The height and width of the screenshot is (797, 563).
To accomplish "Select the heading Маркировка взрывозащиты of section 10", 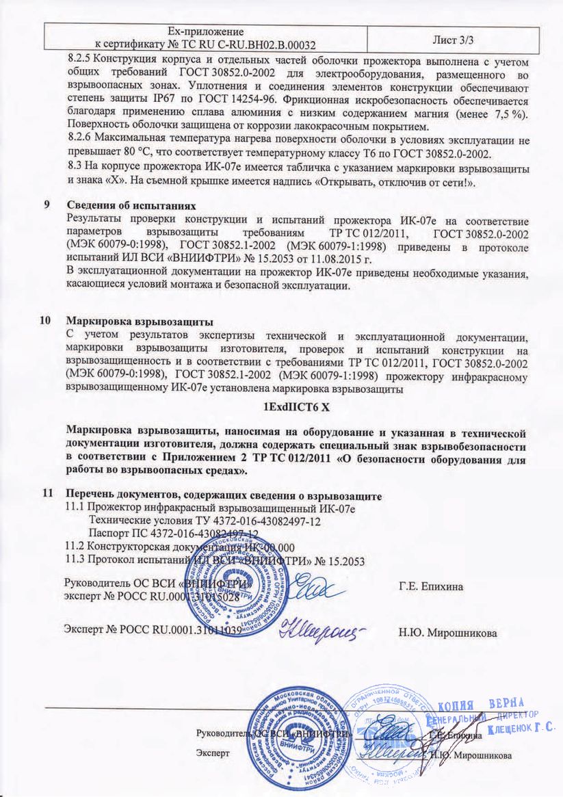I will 140,322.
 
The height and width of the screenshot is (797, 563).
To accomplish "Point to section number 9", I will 47,206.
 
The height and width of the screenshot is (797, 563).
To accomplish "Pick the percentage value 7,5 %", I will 510,114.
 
